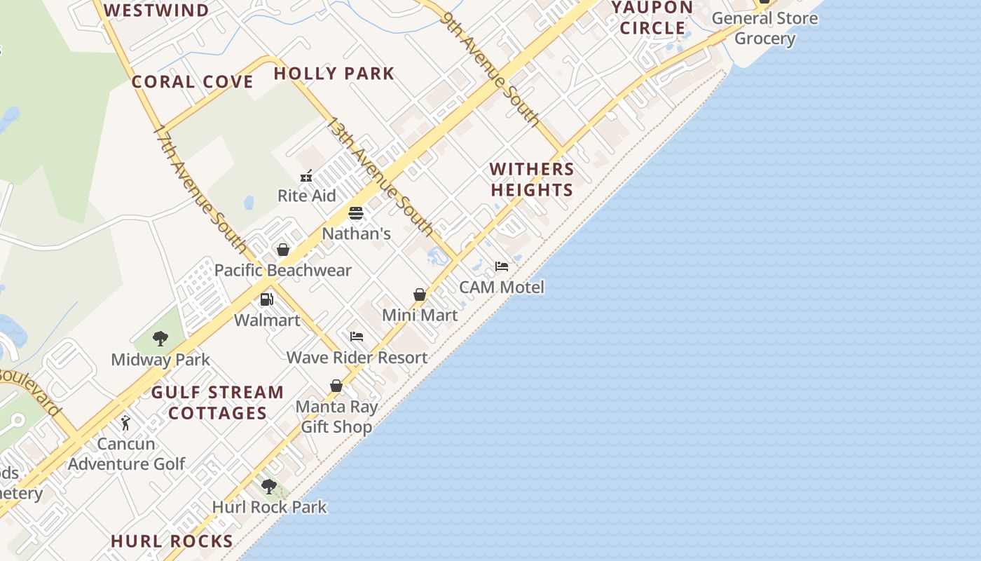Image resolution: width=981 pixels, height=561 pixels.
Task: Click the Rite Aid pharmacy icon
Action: pyautogui.click(x=306, y=176)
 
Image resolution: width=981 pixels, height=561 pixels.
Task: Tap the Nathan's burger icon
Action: pyautogui.click(x=356, y=213)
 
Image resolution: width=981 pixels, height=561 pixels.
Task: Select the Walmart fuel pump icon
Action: pyautogui.click(x=266, y=299)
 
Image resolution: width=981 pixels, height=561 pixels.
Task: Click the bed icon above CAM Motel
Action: pyautogui.click(x=502, y=266)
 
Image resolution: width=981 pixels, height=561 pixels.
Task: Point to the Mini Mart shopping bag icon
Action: pyautogui.click(x=420, y=295)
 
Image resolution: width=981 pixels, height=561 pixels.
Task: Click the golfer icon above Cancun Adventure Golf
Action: pyautogui.click(x=125, y=423)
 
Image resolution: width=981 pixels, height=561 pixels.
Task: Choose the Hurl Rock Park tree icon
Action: pyautogui.click(x=269, y=486)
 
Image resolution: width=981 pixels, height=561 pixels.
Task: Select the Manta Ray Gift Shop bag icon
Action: pyautogui.click(x=336, y=386)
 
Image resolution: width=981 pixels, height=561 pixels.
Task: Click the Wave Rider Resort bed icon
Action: pyautogui.click(x=357, y=337)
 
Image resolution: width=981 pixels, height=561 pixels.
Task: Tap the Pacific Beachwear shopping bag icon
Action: pyautogui.click(x=283, y=250)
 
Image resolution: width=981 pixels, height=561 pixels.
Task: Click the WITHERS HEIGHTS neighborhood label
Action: pyautogui.click(x=532, y=180)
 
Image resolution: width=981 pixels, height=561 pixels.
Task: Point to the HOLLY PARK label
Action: pyautogui.click(x=334, y=74)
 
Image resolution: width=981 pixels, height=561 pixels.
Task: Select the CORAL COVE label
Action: pyautogui.click(x=193, y=82)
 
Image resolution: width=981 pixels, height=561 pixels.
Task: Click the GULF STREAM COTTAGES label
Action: pyautogui.click(x=218, y=403)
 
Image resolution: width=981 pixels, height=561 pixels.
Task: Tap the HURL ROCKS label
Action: pyautogui.click(x=172, y=541)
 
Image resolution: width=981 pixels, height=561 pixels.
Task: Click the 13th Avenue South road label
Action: pyautogui.click(x=380, y=178)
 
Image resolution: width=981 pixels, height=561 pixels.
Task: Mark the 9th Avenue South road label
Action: pyautogui.click(x=492, y=69)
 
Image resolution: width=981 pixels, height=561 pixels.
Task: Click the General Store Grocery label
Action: pyautogui.click(x=764, y=28)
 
